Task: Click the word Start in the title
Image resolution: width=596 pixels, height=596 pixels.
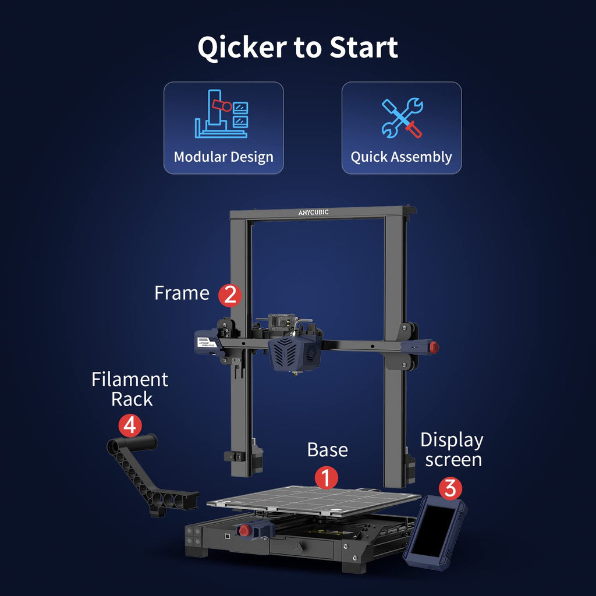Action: point(364,47)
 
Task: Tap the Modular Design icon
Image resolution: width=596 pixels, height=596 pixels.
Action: point(222,113)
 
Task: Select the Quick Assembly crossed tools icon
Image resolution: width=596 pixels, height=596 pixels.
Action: point(402,118)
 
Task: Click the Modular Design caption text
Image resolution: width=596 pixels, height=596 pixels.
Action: point(223,157)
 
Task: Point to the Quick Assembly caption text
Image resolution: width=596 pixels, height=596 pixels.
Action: point(402,157)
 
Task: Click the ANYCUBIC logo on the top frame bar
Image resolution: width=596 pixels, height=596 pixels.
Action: point(313,212)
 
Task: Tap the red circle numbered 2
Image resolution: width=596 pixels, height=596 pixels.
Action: point(230,295)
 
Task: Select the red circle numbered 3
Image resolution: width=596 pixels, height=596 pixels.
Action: point(450,488)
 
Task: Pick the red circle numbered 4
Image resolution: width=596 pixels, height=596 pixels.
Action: point(130,425)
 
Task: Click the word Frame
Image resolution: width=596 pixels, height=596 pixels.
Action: point(182,293)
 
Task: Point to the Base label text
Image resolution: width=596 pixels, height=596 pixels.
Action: point(327,450)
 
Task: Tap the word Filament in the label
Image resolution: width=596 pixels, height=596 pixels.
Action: point(130,379)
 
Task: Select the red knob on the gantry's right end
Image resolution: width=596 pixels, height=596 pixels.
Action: point(434,347)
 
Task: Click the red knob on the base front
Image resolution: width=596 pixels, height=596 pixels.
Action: point(244,530)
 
